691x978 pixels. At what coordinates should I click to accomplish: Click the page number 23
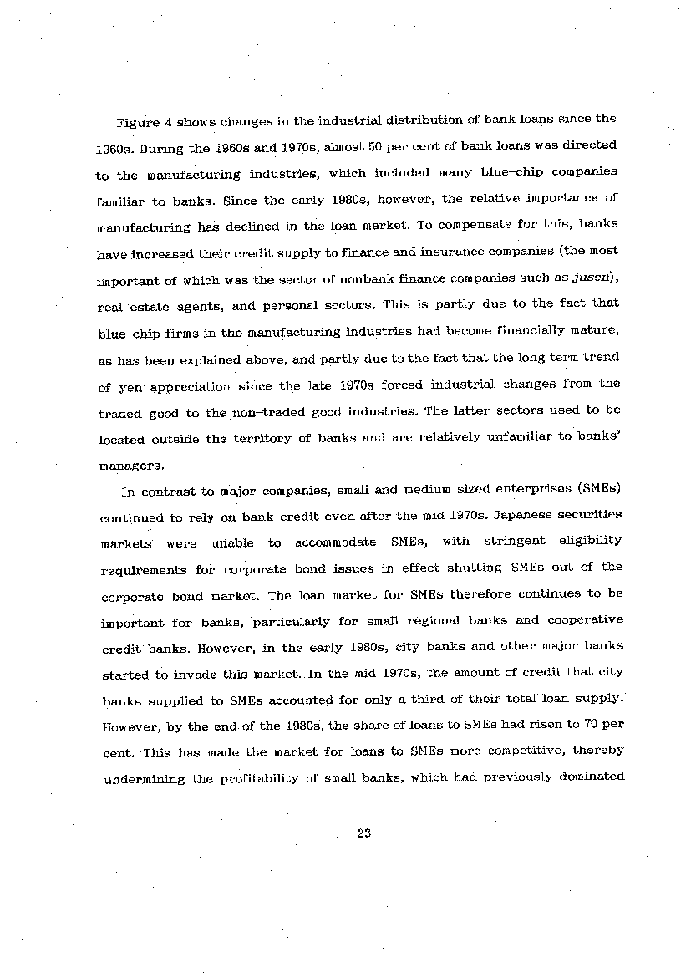[x=363, y=833]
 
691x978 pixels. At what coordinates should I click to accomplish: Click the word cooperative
[x=585, y=620]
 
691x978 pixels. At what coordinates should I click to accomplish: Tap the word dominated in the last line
[x=589, y=777]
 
